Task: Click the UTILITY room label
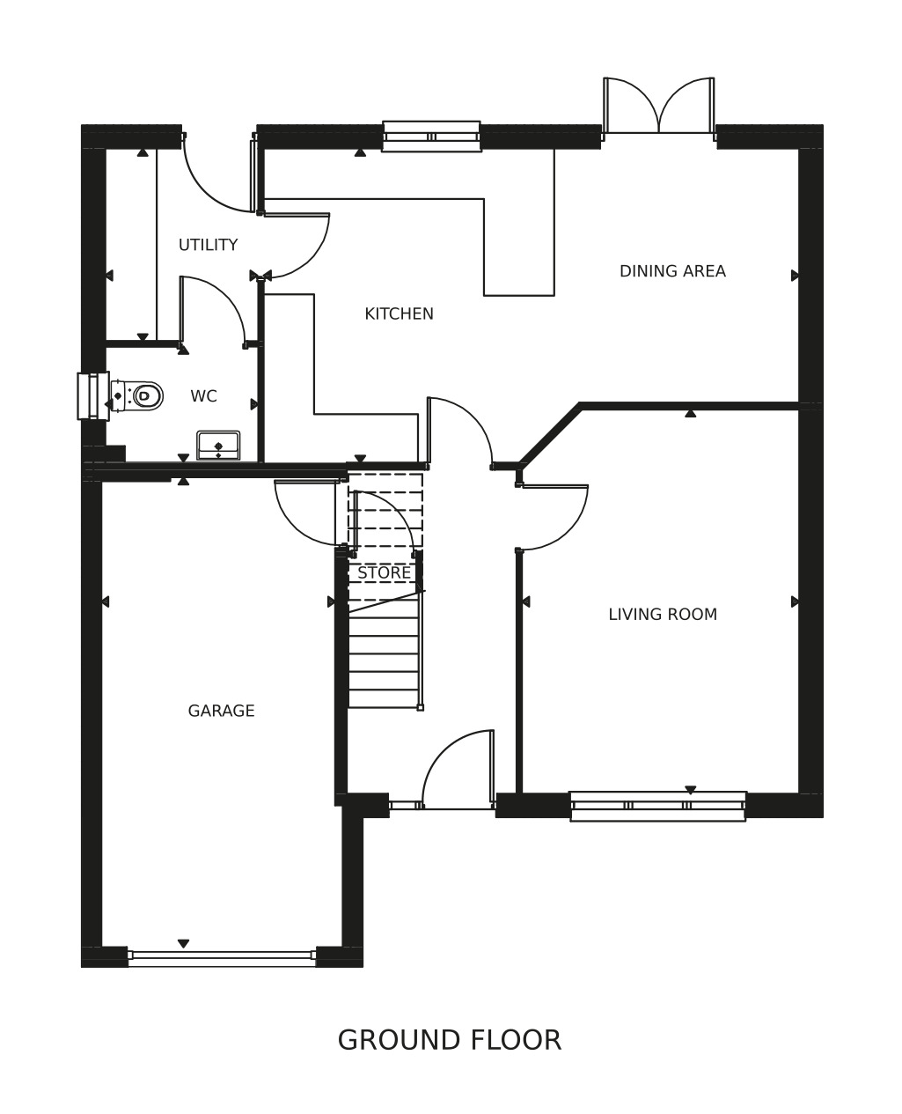[x=208, y=245]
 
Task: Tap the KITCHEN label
[x=399, y=314]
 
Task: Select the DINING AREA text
[x=672, y=271]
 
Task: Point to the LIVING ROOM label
[x=663, y=614]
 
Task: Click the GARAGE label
[x=221, y=711]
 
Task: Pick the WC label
[x=204, y=396]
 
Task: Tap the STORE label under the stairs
[x=384, y=572]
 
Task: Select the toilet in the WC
[x=137, y=395]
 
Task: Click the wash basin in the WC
[x=218, y=446]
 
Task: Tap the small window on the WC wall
[x=93, y=395]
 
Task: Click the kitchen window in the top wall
[x=431, y=136]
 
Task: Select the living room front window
[x=658, y=806]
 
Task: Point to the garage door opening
[x=222, y=955]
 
